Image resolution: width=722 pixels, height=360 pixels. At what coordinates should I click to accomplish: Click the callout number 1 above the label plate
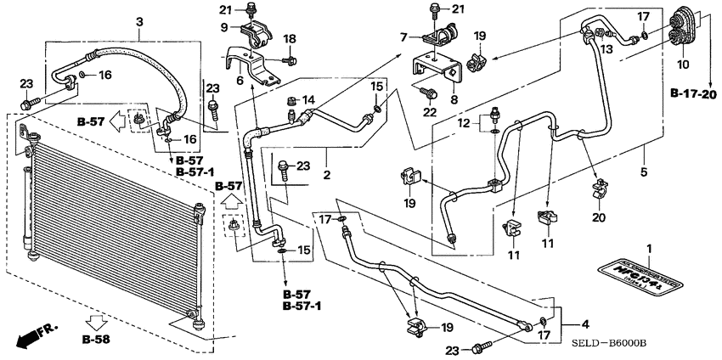point(650,248)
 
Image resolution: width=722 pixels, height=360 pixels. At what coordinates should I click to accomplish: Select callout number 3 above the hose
point(139,33)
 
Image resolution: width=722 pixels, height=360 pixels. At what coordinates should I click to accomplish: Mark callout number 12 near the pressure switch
point(463,123)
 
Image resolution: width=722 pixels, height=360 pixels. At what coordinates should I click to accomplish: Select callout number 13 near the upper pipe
point(606,48)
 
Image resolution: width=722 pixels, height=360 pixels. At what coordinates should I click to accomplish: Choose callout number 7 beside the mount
point(404,36)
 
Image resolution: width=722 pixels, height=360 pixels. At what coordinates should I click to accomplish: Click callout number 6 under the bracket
point(240,81)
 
